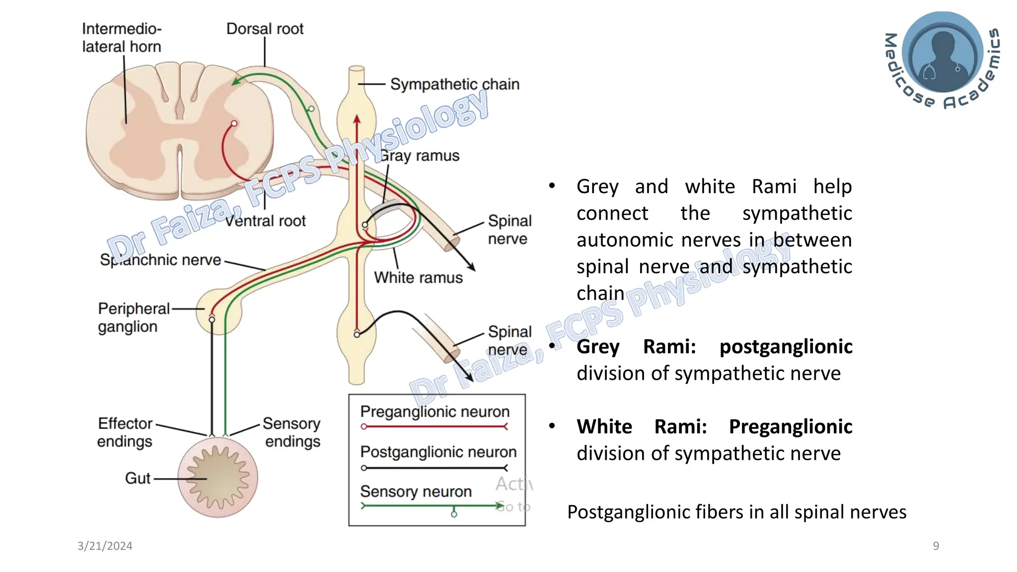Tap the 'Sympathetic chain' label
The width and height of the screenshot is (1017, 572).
(454, 84)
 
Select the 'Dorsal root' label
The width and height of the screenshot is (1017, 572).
(265, 29)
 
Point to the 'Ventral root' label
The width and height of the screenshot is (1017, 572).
(266, 221)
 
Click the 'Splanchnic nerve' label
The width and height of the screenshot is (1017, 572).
(160, 260)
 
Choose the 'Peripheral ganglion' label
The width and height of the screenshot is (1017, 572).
(133, 318)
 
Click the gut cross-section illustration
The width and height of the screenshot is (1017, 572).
(218, 478)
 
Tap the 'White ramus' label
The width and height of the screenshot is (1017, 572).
(418, 278)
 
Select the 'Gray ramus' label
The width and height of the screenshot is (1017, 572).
(420, 156)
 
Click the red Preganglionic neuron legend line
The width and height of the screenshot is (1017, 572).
(435, 427)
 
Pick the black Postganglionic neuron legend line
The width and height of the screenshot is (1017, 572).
(435, 468)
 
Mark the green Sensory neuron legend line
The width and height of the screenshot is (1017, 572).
(432, 506)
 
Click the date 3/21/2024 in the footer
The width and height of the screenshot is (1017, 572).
(105, 546)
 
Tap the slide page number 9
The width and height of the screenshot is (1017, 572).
(936, 546)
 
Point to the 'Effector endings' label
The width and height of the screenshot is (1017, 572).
(125, 432)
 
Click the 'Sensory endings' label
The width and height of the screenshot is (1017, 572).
(292, 432)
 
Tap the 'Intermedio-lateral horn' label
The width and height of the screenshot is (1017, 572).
(122, 38)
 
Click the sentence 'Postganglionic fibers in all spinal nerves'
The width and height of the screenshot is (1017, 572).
(736, 512)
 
